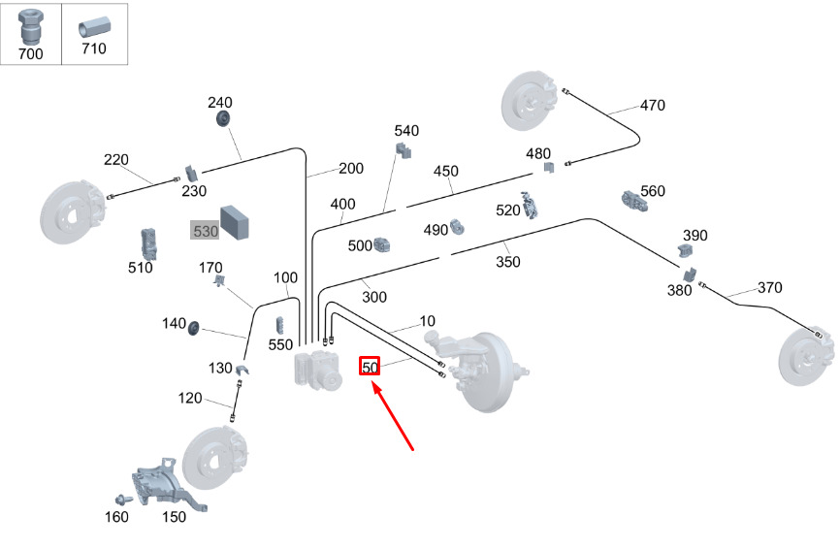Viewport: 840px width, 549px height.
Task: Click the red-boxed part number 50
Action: pos(370,367)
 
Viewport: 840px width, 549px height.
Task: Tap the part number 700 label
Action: pos(31,54)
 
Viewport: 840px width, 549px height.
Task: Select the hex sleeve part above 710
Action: pos(95,26)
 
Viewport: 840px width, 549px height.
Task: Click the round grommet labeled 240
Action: pos(222,118)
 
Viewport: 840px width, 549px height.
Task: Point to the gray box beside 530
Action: pos(237,221)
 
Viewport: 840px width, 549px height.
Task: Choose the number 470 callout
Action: pos(652,105)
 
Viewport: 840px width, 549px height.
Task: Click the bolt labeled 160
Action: pos(123,499)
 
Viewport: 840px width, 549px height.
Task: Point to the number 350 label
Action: pos(507,262)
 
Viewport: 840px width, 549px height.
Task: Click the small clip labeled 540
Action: pos(403,148)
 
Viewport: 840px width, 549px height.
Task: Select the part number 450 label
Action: pos(445,172)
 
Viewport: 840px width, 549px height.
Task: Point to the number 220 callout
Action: pos(116,160)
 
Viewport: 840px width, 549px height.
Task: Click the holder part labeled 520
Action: pos(531,206)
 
